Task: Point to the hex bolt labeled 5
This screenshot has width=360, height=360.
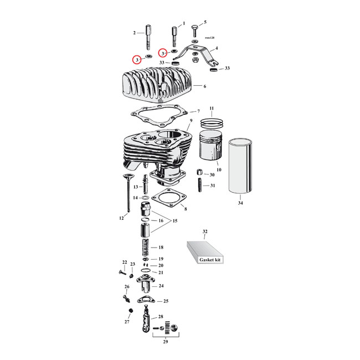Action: point(194,28)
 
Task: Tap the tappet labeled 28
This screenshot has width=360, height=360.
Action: point(145,321)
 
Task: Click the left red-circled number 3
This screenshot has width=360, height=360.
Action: point(136,59)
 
